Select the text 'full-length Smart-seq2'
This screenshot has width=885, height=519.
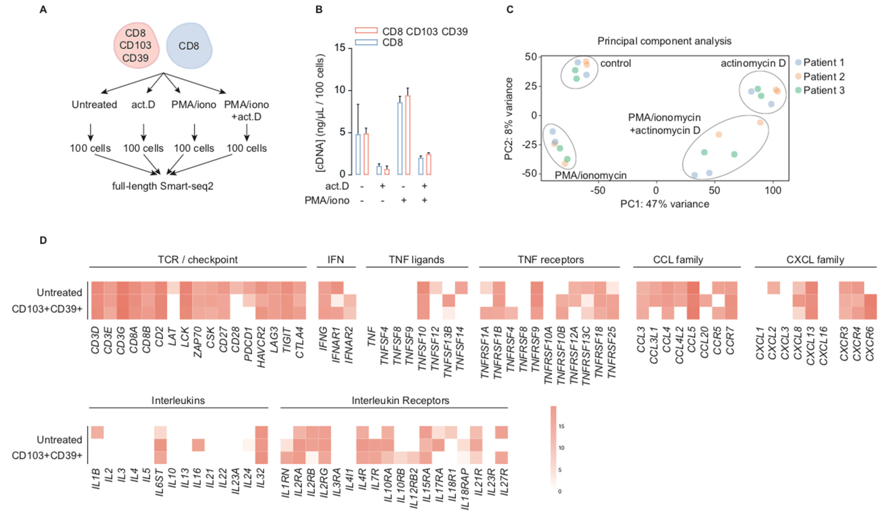[x=163, y=186]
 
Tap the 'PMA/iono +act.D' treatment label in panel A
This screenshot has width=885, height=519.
[x=246, y=110]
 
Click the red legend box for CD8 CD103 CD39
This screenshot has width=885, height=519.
[x=366, y=31]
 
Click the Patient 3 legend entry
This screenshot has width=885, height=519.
[x=820, y=90]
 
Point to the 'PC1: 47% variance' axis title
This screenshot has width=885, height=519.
[x=665, y=204]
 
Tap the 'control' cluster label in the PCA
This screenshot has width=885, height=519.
[x=615, y=63]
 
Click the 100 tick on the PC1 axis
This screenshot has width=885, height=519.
[x=773, y=191]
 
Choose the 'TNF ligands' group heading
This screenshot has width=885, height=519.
[x=416, y=260]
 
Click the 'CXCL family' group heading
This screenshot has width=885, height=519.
[x=815, y=260]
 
